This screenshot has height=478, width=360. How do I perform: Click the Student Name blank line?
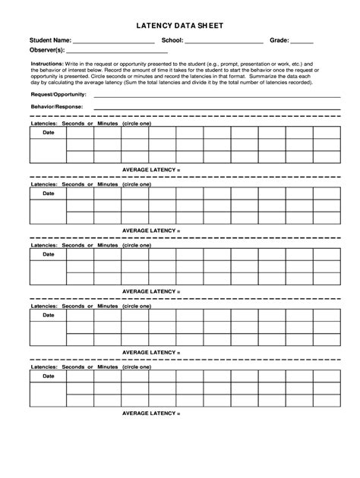(114, 42)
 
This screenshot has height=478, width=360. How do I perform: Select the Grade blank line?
(302, 42)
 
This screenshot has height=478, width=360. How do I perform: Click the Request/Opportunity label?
(58, 94)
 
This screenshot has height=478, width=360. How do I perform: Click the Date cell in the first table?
(48, 132)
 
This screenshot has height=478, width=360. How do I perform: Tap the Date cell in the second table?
(48, 193)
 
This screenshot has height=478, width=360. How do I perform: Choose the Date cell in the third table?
(48, 254)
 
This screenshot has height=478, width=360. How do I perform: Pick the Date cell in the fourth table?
(48, 315)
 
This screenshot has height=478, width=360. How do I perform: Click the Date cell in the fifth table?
(48, 376)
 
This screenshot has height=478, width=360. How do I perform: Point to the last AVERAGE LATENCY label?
(151, 414)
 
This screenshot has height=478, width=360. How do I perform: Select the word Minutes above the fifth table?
(108, 366)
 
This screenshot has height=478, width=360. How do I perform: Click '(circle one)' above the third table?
(137, 244)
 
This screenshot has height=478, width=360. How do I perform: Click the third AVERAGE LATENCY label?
(151, 291)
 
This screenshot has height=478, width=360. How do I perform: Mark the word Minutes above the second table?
(108, 184)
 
